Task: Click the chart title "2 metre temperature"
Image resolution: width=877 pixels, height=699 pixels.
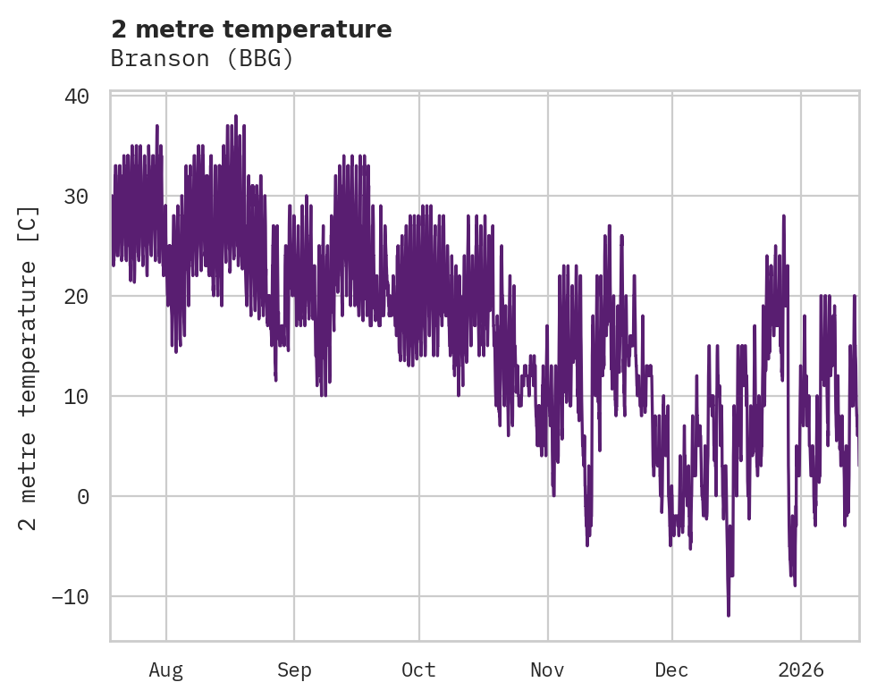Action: (251, 29)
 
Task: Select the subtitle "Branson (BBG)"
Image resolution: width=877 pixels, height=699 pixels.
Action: (202, 59)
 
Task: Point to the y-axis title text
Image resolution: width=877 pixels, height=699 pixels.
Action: (30, 367)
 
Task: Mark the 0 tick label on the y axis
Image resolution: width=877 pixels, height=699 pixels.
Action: (83, 496)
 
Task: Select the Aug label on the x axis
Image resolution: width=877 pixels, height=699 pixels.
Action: (165, 670)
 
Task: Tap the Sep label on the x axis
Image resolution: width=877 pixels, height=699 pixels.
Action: (293, 670)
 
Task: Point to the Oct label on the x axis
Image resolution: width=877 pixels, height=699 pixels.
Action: (418, 670)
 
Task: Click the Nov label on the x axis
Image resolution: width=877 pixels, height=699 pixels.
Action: (547, 670)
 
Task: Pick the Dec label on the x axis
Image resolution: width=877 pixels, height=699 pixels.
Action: (671, 670)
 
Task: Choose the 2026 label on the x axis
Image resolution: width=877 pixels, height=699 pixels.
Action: (801, 670)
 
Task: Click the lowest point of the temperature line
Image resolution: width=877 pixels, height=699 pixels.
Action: (729, 615)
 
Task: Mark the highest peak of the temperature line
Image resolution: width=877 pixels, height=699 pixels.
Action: (236, 116)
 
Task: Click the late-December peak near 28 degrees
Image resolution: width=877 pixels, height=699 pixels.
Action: (784, 216)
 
